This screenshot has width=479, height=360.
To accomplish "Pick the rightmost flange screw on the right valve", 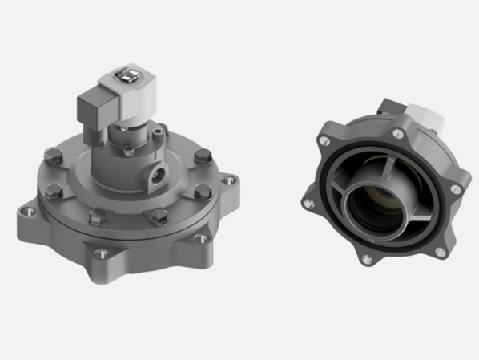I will [x=456, y=188].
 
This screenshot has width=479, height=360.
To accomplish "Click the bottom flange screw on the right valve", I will [x=366, y=259].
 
